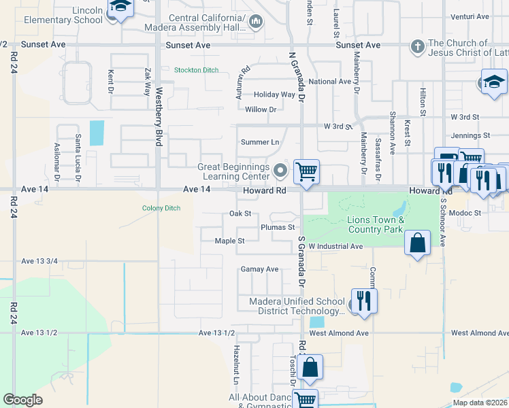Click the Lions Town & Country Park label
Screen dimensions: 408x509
pyautogui.click(x=376, y=224)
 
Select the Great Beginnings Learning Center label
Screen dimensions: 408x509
pyautogui.click(x=233, y=172)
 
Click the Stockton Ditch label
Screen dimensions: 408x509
pyautogui.click(x=197, y=70)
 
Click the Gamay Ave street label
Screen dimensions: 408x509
pyautogui.click(x=260, y=269)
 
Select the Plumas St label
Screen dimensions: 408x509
pyautogui.click(x=278, y=227)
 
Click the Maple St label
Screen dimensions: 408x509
pyautogui.click(x=229, y=241)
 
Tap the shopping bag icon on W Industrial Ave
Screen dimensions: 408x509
pyautogui.click(x=417, y=241)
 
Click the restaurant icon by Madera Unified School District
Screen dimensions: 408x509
pyautogui.click(x=364, y=299)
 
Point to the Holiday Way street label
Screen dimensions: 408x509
pyautogui.click(x=274, y=95)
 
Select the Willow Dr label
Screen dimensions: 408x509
pyautogui.click(x=261, y=109)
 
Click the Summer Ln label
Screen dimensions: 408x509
pyautogui.click(x=260, y=142)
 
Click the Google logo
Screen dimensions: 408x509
pyautogui.click(x=22, y=400)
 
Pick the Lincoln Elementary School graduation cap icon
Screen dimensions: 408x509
pyautogui.click(x=121, y=7)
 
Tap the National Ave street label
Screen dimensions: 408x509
pyautogui.click(x=329, y=82)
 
